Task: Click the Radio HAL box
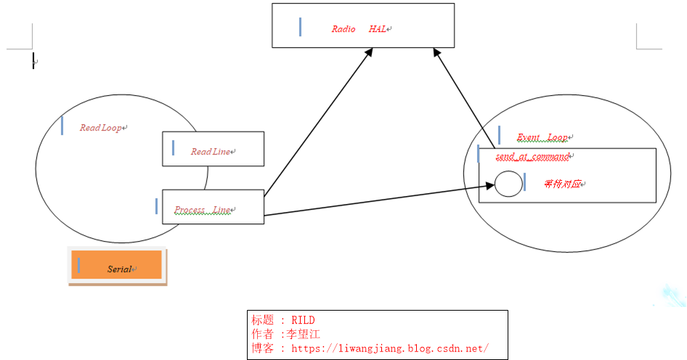tap(363, 25)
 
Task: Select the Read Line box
tap(213, 149)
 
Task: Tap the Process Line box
tap(213, 207)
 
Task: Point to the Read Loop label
tap(100, 128)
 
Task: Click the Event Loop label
tap(542, 137)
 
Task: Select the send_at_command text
tap(532, 156)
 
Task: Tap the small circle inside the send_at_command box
tap(508, 184)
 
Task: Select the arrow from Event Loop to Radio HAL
tap(465, 94)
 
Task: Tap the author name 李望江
tap(305, 334)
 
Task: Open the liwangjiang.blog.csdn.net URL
tap(389, 348)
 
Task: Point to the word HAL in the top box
tap(377, 29)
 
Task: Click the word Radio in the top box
tap(343, 29)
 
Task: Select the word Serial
tap(119, 269)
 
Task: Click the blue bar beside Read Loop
tap(62, 126)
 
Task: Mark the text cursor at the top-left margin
tap(33, 61)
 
